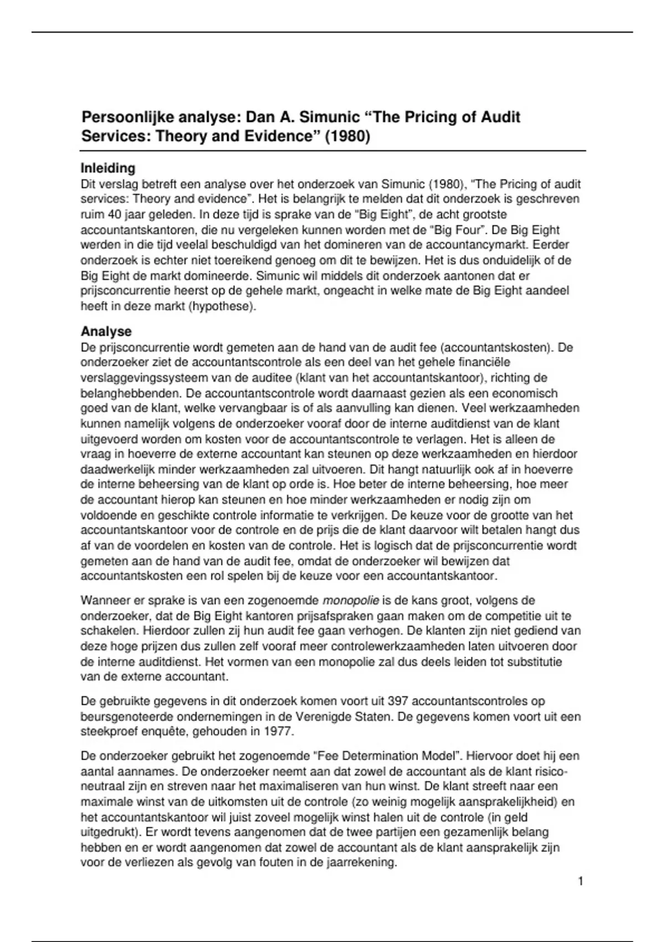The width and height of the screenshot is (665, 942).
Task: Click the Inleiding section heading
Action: click(x=108, y=168)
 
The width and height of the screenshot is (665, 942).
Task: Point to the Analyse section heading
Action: click(x=106, y=331)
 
